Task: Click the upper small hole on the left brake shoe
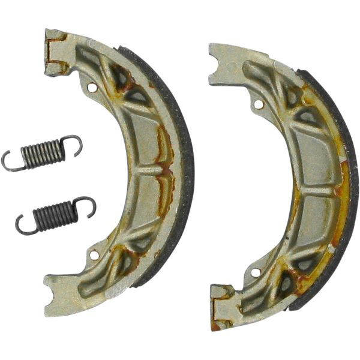coord(92,88)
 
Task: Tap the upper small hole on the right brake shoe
coord(258,104)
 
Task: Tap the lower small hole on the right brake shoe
coord(256,272)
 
